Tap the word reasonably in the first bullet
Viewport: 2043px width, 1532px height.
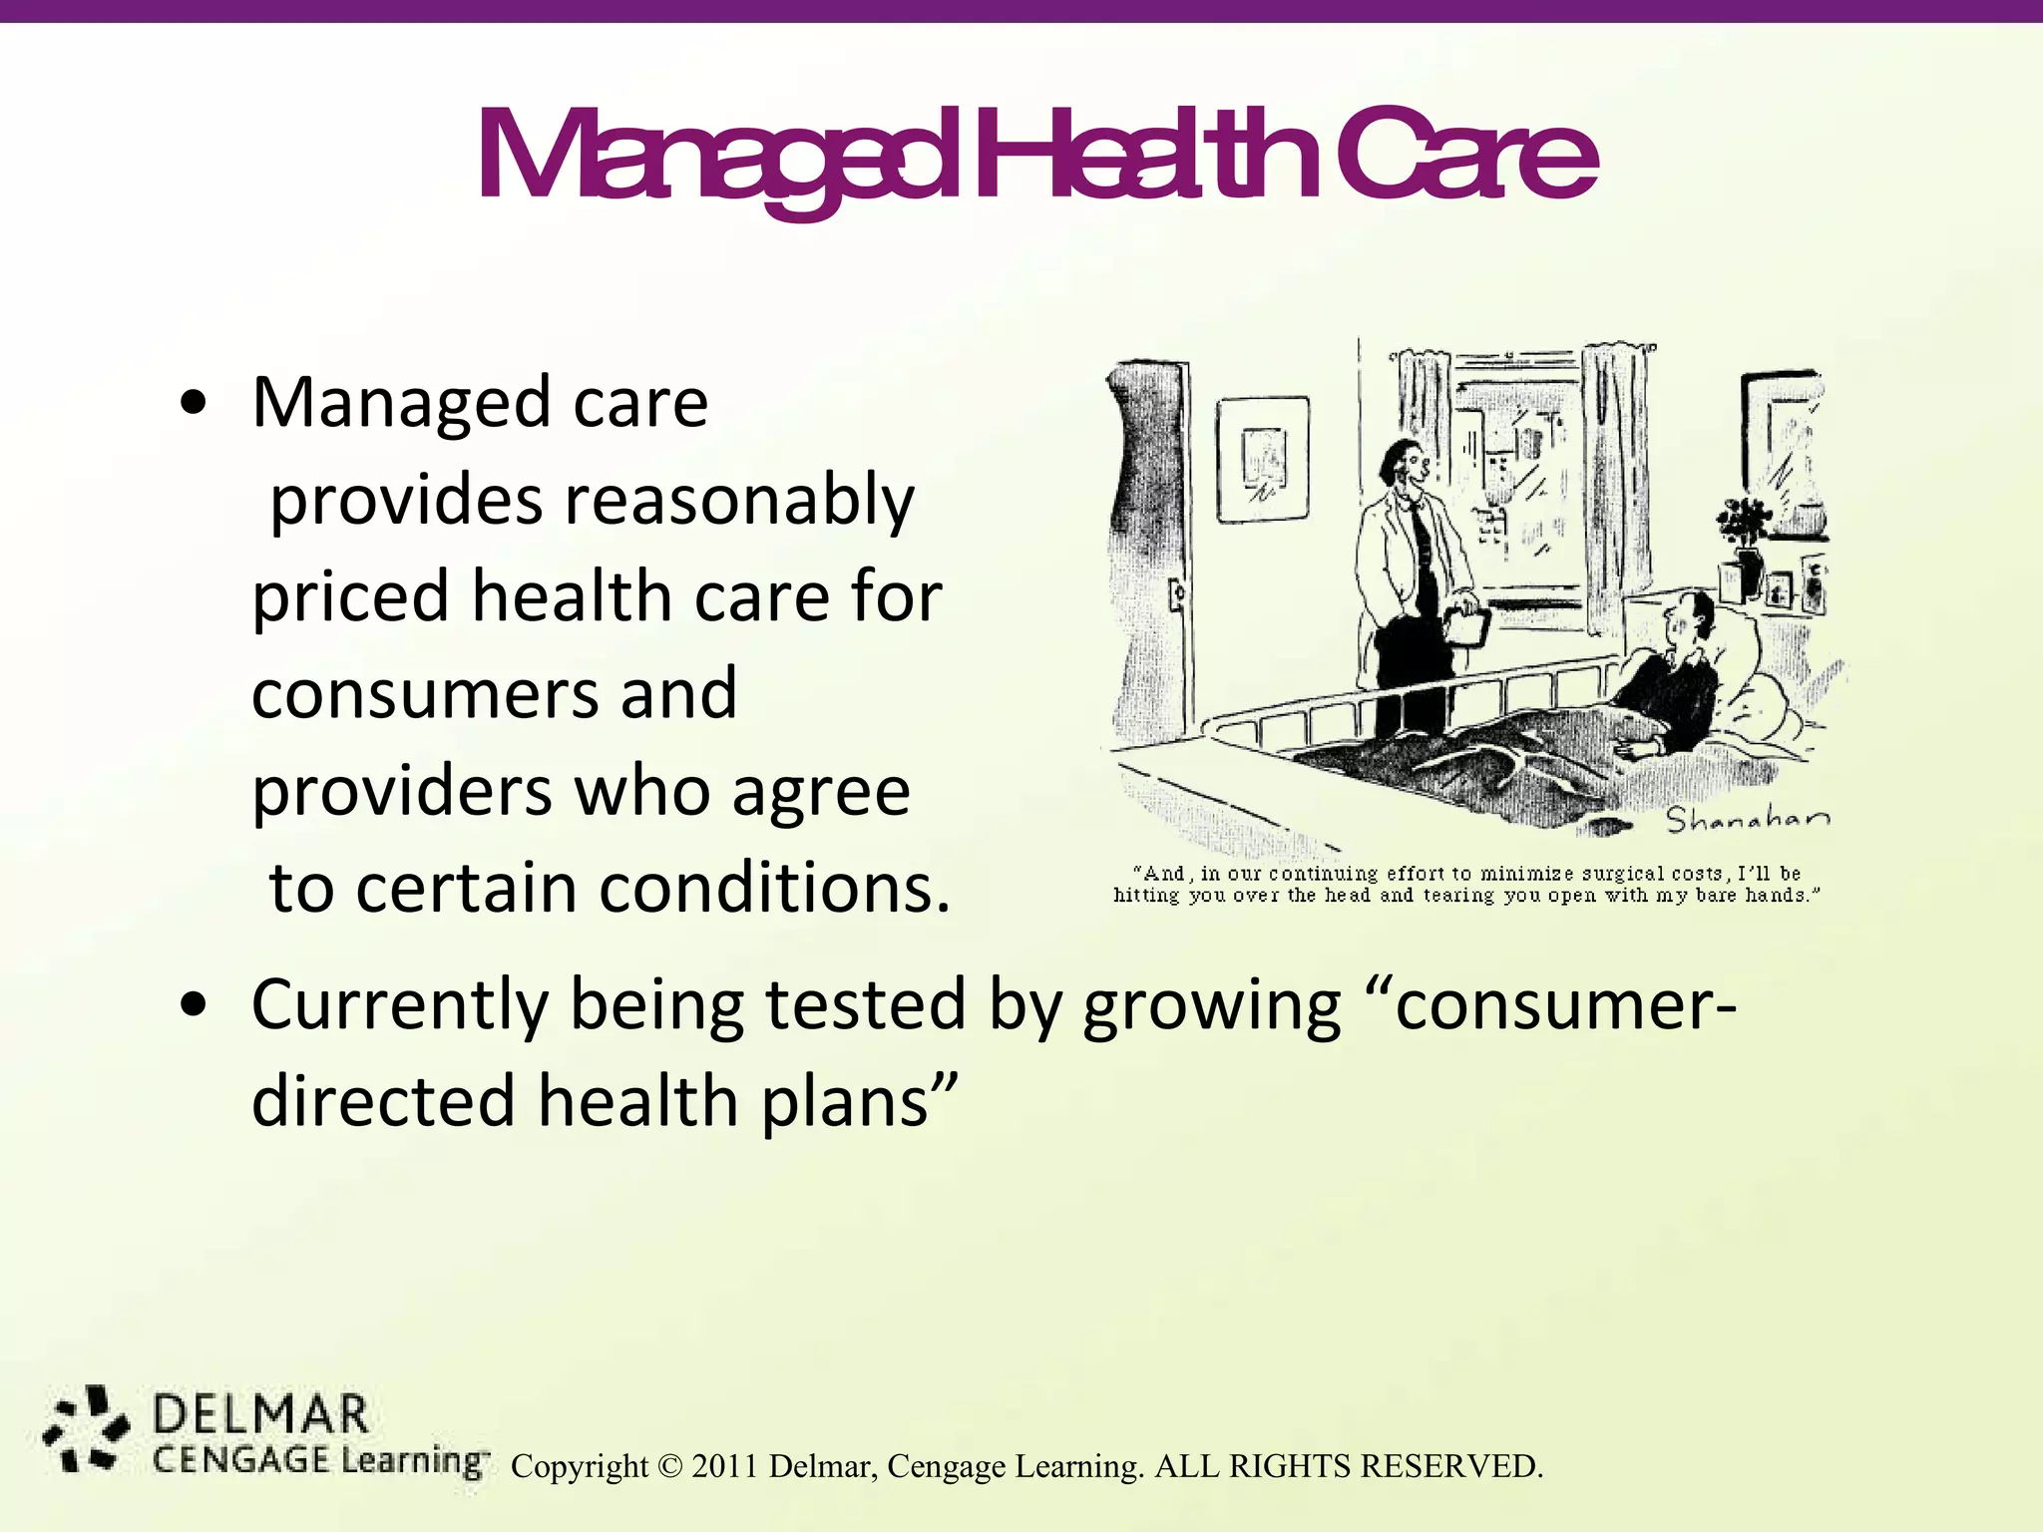click(x=739, y=501)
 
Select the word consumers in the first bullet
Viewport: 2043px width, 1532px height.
click(x=494, y=694)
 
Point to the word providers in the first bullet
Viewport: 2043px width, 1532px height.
click(x=401, y=791)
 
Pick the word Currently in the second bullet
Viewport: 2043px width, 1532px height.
click(x=400, y=1005)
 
